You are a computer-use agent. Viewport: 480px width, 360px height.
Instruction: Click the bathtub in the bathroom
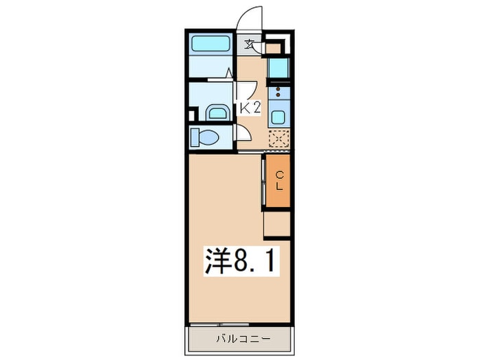pyautogui.click(x=211, y=44)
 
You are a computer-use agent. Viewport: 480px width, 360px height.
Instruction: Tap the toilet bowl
pyautogui.click(x=208, y=137)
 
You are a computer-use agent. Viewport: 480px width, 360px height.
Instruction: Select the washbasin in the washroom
pyautogui.click(x=217, y=113)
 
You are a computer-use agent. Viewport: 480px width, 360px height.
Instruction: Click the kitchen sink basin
pyautogui.click(x=278, y=117)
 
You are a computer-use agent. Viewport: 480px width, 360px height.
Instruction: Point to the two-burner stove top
pyautogui.click(x=278, y=93)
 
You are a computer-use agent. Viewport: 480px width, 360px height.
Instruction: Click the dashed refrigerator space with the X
pyautogui.click(x=279, y=139)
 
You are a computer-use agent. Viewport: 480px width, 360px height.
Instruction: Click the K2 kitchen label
pyautogui.click(x=250, y=108)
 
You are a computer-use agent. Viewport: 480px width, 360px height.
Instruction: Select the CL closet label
pyautogui.click(x=279, y=181)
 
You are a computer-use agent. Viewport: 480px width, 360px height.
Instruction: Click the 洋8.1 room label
pyautogui.click(x=242, y=261)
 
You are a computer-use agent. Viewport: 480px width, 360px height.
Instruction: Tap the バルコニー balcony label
pyautogui.click(x=243, y=339)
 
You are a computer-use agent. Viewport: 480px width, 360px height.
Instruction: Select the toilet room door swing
pyautogui.click(x=243, y=134)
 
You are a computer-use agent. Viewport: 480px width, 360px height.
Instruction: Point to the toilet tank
pyautogui.click(x=194, y=137)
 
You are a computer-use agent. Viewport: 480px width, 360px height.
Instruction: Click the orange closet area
pyautogui.click(x=278, y=180)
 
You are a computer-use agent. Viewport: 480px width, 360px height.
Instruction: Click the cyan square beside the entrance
pyautogui.click(x=278, y=68)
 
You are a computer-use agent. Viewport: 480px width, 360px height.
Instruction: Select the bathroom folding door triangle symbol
pyautogui.click(x=229, y=73)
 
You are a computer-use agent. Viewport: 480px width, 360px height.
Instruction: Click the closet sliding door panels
pyautogui.click(x=263, y=182)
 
